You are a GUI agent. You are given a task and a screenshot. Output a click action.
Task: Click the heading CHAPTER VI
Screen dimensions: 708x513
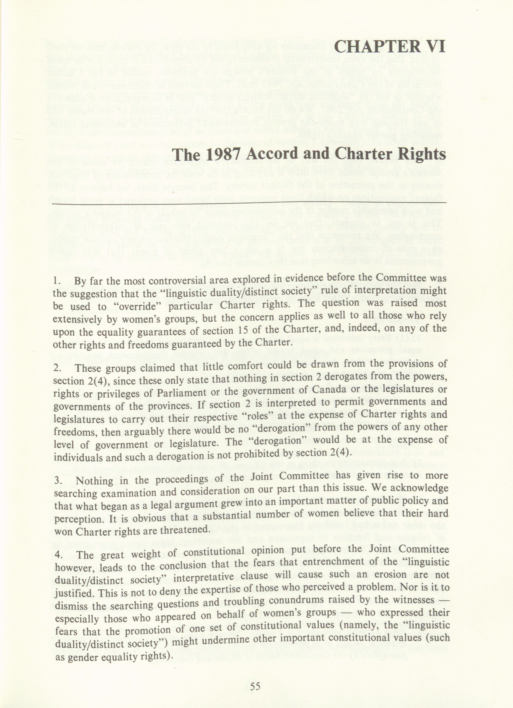389,47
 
